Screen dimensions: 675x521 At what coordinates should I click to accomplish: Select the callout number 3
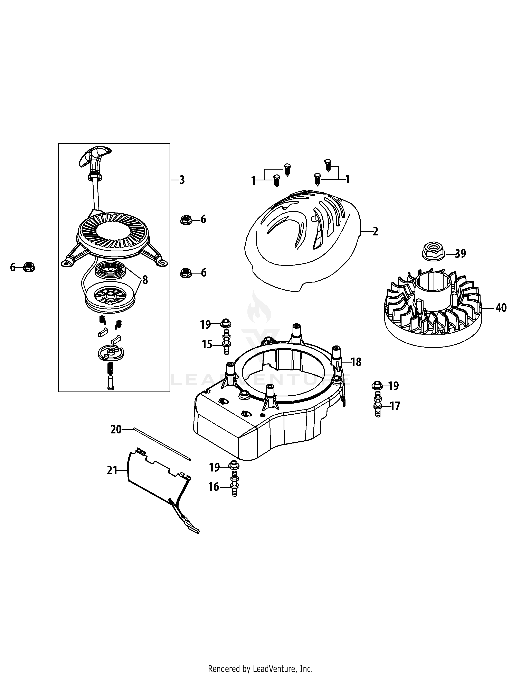182,180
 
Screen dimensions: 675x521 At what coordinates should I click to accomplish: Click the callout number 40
501,308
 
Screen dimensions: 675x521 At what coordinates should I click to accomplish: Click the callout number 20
116,429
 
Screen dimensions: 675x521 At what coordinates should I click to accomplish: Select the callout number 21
112,470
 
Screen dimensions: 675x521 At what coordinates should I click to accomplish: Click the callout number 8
145,280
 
